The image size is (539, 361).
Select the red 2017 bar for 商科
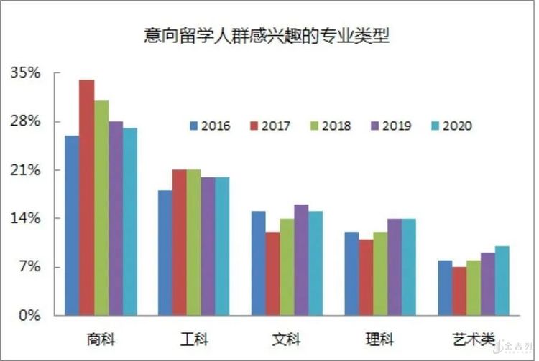(86, 197)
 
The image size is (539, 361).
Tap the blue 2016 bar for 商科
(72, 225)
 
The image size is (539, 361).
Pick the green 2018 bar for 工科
(194, 242)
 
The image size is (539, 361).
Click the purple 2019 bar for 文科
(301, 260)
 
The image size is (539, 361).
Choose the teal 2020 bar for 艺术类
(502, 281)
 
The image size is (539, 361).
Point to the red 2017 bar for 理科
(366, 277)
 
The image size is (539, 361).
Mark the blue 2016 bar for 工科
(165, 253)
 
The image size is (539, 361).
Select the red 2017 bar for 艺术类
(459, 291)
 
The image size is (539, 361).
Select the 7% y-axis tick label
(29, 268)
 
